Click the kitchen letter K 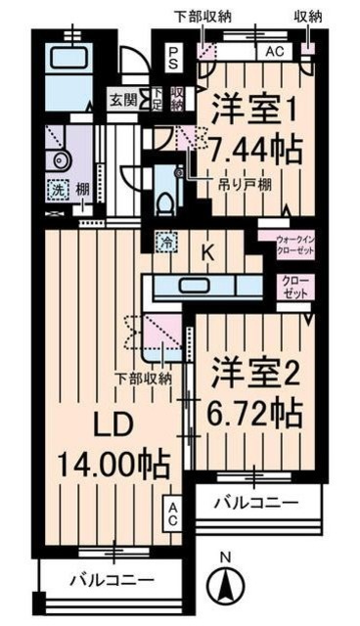(206, 251)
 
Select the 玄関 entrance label (123, 99)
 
